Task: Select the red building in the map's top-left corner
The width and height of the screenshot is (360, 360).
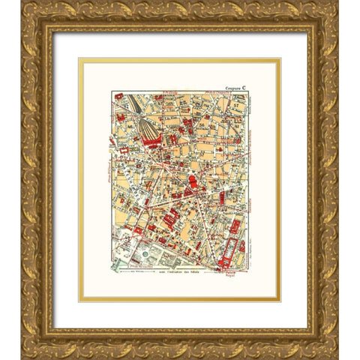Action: click(x=118, y=95)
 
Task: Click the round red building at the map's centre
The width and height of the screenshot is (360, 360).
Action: click(x=193, y=181)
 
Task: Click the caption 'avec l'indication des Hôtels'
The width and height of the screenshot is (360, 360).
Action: click(x=181, y=280)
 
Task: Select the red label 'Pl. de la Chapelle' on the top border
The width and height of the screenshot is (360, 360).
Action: click(x=210, y=93)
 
